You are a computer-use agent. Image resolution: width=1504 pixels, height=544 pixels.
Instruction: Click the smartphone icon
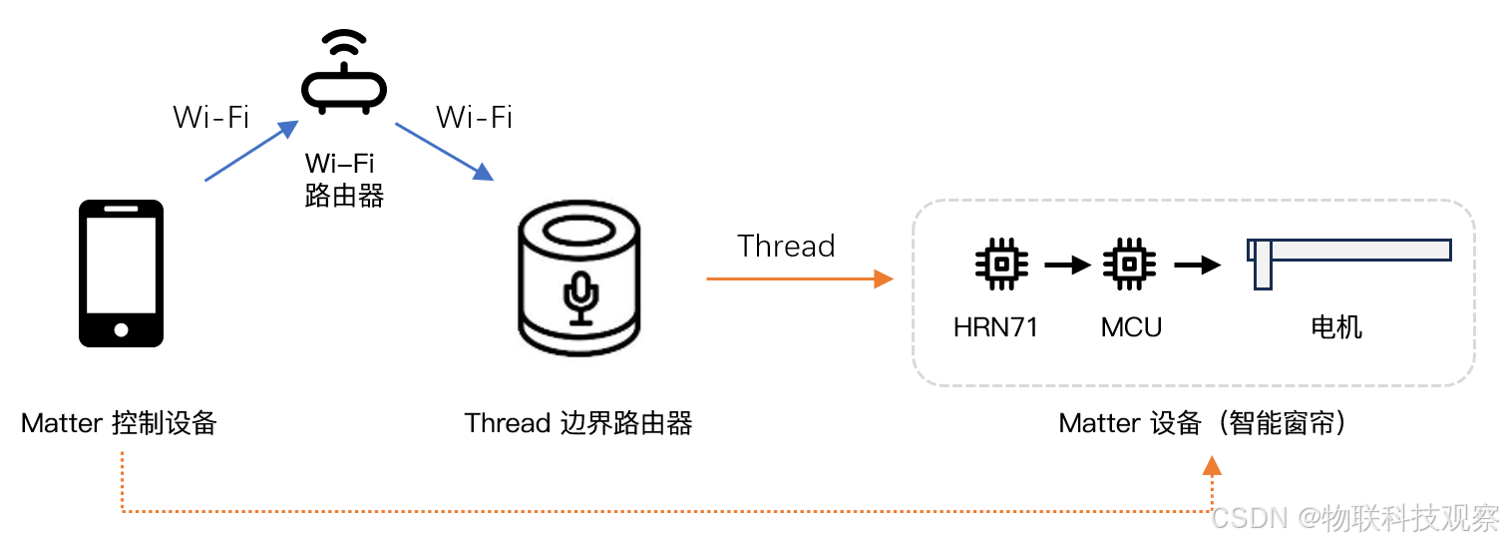coord(121,272)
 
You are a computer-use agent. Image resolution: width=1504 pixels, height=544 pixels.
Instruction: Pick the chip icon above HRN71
coord(1000,264)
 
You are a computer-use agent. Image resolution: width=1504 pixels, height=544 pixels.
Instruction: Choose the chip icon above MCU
coord(1129,264)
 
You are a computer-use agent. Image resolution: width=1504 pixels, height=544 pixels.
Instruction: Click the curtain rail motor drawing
coord(1346,256)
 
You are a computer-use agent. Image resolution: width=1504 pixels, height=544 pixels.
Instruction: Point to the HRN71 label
coord(995,327)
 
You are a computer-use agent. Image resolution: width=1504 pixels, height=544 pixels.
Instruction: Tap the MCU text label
coord(1131,327)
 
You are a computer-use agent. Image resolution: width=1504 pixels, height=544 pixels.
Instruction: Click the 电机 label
coord(1335,327)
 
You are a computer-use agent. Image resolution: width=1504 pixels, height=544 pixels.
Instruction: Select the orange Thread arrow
coord(798,279)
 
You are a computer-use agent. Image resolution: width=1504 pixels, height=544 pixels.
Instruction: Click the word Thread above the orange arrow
coord(785,247)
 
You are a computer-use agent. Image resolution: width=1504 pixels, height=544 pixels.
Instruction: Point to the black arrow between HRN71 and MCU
coord(1067,265)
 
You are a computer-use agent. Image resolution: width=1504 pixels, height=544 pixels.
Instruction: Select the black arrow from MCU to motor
coord(1197,265)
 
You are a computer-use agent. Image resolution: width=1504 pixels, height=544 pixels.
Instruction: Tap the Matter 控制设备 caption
coord(119,423)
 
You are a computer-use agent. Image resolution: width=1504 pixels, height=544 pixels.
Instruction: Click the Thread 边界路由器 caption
coord(578,423)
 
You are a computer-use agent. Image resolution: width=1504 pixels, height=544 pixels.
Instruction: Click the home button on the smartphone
coord(121,328)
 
